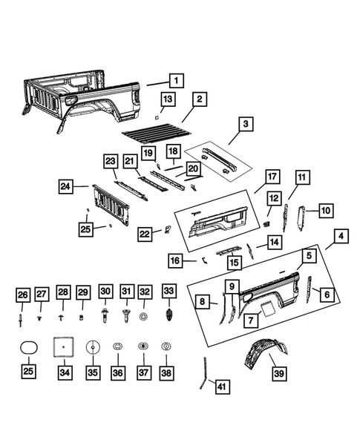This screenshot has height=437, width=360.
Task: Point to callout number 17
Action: [x=272, y=177]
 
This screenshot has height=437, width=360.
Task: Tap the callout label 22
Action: [x=145, y=234]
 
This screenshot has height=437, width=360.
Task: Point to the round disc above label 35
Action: [x=93, y=347]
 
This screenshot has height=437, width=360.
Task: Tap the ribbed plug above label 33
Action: [x=168, y=315]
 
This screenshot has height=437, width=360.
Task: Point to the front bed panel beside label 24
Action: [x=111, y=205]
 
